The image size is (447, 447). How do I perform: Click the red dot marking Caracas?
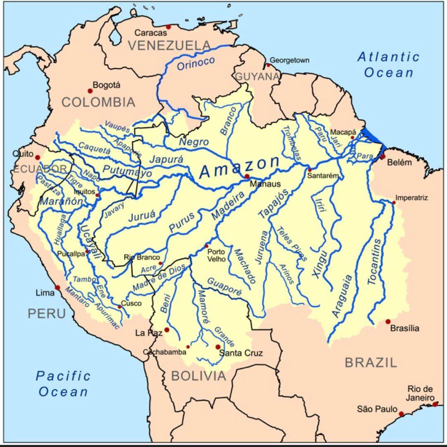[168, 27]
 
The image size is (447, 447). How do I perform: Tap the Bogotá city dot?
[89, 91]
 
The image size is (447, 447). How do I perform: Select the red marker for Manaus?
[247, 177]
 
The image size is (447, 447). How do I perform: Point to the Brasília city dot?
[388, 322]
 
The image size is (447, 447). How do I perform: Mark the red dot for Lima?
[58, 288]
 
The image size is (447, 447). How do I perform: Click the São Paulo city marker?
[401, 413]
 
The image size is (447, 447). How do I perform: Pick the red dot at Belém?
[383, 156]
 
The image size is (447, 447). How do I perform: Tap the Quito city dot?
[37, 157]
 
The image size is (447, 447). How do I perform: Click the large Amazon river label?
[239, 168]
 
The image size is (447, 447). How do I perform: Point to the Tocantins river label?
[375, 262]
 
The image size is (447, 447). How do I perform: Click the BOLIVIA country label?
[199, 376]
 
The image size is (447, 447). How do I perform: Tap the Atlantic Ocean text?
[389, 65]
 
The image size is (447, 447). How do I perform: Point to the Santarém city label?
[323, 176]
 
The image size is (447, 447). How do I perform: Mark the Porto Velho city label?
[216, 255]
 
